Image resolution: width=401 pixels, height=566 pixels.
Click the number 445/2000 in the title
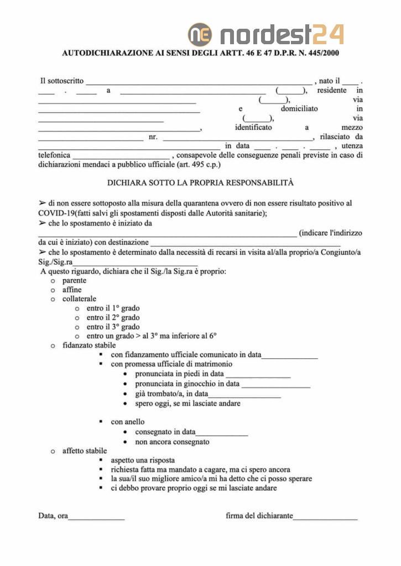point(319,54)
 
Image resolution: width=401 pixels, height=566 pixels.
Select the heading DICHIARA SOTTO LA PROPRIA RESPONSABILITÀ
point(200,182)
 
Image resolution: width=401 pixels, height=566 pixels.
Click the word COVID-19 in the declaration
point(56,213)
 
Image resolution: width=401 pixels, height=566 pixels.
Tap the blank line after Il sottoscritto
point(199,81)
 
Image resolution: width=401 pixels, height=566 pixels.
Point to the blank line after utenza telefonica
point(121,156)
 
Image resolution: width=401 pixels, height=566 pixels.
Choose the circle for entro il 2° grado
point(77,318)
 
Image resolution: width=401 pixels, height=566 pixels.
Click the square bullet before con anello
point(101,422)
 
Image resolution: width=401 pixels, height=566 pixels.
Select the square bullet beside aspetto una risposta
point(101,460)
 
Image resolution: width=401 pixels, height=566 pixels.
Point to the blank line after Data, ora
point(96,517)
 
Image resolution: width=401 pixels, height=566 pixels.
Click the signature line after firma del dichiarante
point(325,517)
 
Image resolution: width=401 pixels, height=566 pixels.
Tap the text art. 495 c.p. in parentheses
point(199,165)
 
